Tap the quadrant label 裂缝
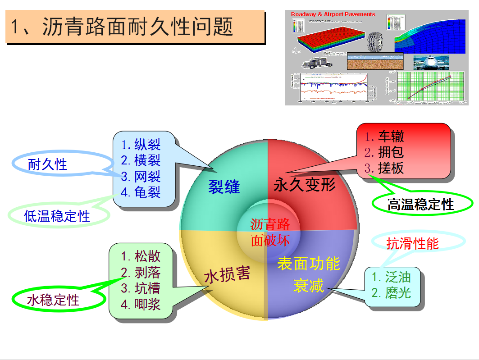pyautogui.click(x=224, y=187)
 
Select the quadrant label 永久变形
pyautogui.click(x=305, y=184)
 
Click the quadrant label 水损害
pyautogui.click(x=227, y=275)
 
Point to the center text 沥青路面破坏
pyautogui.click(x=270, y=232)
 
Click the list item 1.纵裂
pyautogui.click(x=141, y=145)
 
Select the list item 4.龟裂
pyautogui.click(x=141, y=192)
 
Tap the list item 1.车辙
pyautogui.click(x=384, y=137)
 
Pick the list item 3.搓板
pyautogui.click(x=384, y=168)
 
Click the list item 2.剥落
pyautogui.click(x=141, y=272)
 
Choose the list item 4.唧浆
pyautogui.click(x=141, y=304)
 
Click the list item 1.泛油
pyautogui.click(x=391, y=276)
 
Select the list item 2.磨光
pyautogui.click(x=391, y=292)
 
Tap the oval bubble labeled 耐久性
pyautogui.click(x=47, y=164)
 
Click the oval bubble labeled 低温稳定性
pyautogui.click(x=57, y=216)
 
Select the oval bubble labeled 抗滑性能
pyautogui.click(x=412, y=244)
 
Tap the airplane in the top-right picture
pyautogui.click(x=431, y=63)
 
